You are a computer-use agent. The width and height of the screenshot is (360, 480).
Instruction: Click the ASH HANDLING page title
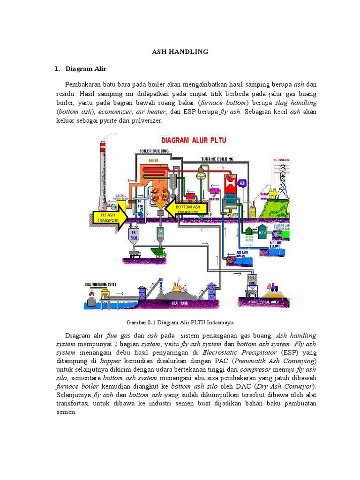180,52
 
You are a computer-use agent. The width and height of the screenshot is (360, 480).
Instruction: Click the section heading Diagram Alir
86,69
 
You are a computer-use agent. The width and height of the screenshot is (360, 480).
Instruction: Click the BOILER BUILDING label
154,151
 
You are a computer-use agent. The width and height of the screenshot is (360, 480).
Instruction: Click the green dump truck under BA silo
160,254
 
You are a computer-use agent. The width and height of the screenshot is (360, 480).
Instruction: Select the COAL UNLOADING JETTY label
101,284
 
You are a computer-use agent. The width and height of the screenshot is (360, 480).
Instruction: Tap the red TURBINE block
230,185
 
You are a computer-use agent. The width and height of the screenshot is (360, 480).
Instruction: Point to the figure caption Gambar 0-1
180,322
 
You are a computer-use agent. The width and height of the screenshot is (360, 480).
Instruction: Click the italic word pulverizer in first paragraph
146,121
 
